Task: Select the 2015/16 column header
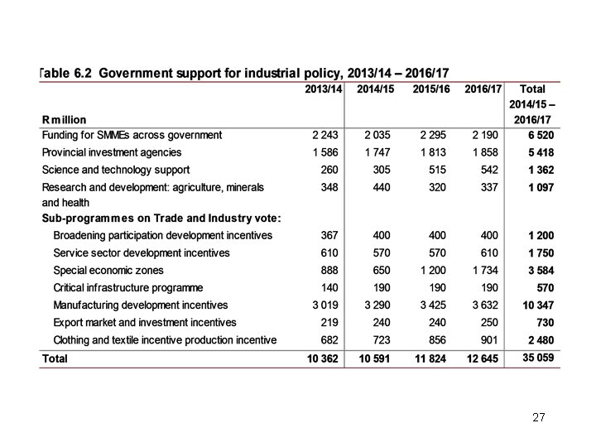coord(431,89)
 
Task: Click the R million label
coord(64,120)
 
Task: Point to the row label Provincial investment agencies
coord(112,152)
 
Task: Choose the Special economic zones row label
coord(108,271)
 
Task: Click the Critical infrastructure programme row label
coord(128,288)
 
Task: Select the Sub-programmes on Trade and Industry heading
coord(161,219)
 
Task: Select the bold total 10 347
coord(537,306)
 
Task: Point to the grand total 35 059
coord(537,358)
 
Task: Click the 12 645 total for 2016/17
coord(482,358)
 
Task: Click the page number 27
coord(539,418)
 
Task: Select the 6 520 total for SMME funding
coord(540,135)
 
